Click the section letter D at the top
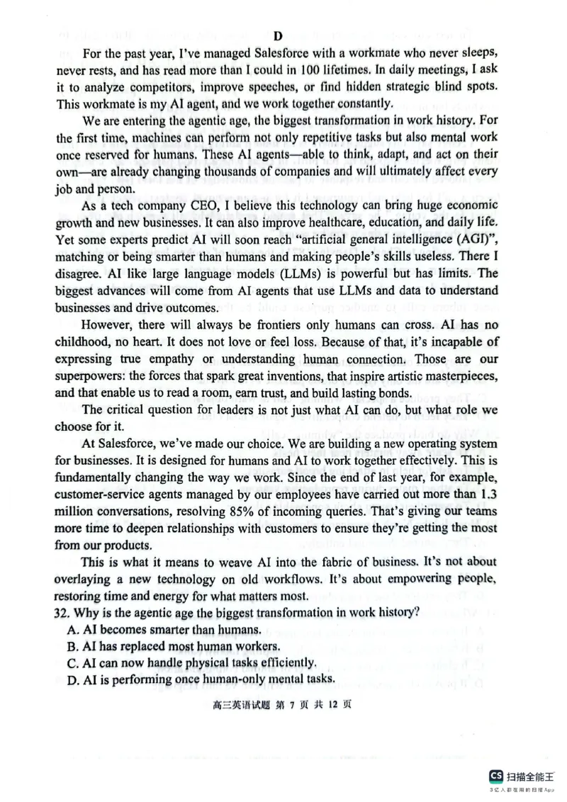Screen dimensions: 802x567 click(278, 37)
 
